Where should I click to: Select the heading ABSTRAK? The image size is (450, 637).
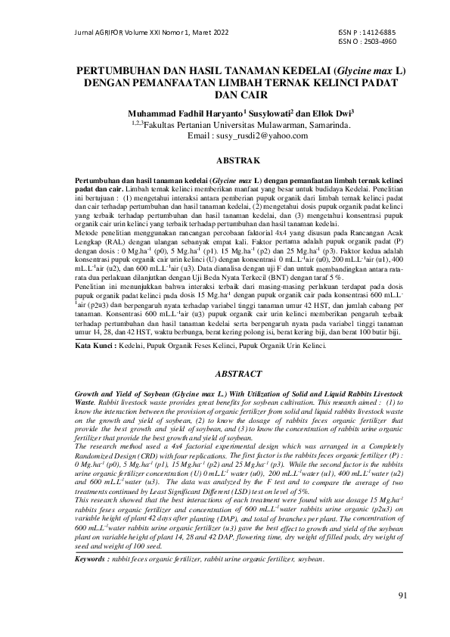click(238, 161)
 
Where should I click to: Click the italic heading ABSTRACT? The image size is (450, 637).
click(238, 374)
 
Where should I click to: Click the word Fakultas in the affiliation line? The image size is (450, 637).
click(159, 124)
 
